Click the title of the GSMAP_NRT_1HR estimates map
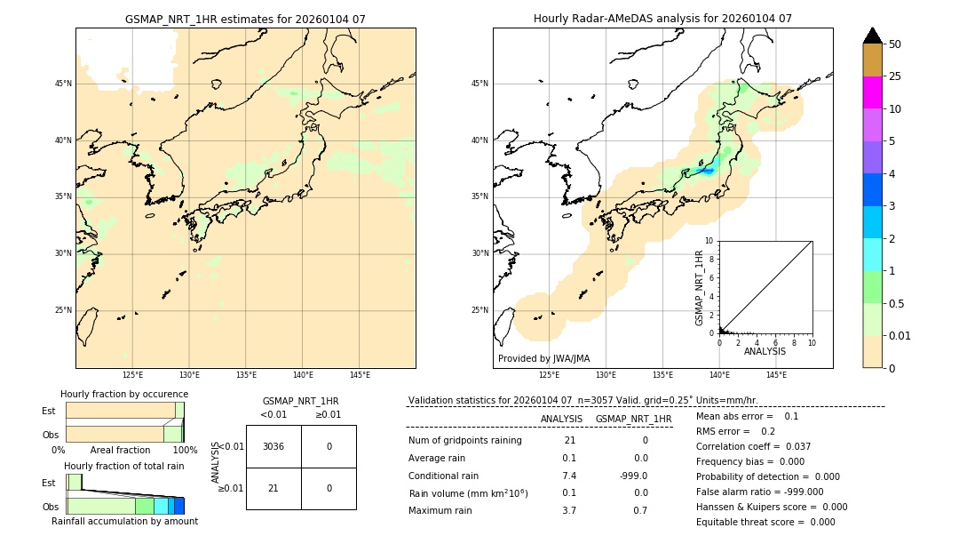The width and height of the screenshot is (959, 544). (x=245, y=19)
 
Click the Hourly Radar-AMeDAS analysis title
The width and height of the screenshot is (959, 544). (x=662, y=19)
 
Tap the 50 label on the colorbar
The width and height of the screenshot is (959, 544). (x=895, y=44)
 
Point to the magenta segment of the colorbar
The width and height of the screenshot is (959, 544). (x=872, y=92)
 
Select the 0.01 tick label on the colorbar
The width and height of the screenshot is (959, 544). (x=900, y=335)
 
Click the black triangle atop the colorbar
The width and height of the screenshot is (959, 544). (x=872, y=36)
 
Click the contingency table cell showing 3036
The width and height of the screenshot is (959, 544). (x=273, y=446)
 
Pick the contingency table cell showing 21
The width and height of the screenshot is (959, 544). (x=273, y=488)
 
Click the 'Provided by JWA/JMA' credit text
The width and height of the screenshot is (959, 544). (x=543, y=358)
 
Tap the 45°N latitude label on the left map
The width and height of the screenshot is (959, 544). (x=63, y=84)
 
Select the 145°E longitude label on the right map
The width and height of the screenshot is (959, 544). (x=776, y=375)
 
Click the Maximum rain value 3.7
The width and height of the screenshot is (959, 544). (x=569, y=510)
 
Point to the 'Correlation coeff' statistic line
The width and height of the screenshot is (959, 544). (x=753, y=446)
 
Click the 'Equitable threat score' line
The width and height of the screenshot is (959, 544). (x=765, y=522)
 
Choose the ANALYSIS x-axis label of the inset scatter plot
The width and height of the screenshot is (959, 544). (x=765, y=351)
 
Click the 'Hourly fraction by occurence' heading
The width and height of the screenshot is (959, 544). (x=124, y=394)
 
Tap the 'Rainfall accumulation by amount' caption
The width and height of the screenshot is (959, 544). (x=124, y=521)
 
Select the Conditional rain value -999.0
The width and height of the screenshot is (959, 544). (x=634, y=476)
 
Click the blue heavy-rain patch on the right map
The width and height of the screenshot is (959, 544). (x=706, y=170)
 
